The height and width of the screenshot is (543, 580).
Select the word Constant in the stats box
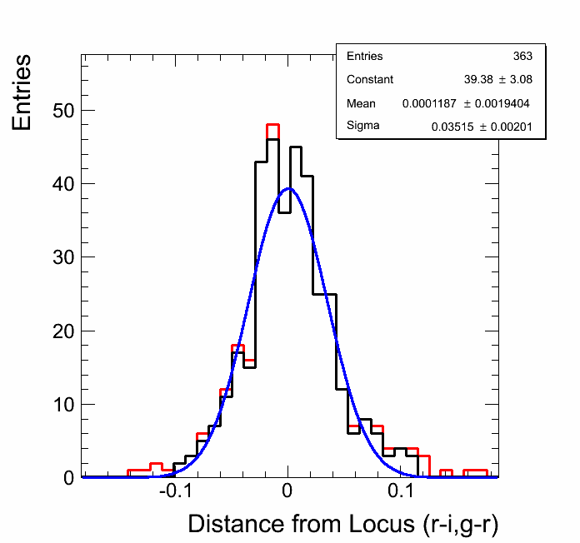pos(370,80)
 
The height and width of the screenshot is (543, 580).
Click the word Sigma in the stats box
pos(363,127)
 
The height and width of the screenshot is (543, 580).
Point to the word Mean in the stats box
pos(362,103)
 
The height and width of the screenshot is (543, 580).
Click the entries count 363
pos(522,57)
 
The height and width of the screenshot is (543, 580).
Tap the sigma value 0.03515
pos(451,127)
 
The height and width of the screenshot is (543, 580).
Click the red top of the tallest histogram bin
pos(272,124)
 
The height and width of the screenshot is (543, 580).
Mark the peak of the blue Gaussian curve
pos(288,188)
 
